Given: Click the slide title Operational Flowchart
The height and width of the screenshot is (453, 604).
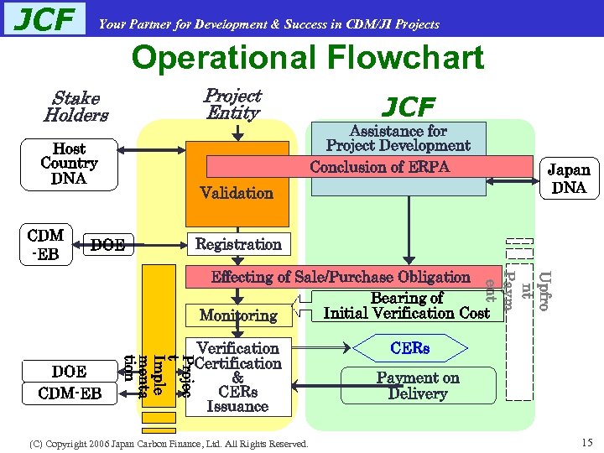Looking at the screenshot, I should [307, 58].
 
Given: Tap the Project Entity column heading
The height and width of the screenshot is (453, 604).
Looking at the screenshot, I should [233, 104].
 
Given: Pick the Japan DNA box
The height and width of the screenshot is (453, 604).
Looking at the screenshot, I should [569, 178].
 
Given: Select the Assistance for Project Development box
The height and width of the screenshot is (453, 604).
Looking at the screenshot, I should [398, 138].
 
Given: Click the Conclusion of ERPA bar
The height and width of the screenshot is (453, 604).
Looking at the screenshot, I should [379, 167].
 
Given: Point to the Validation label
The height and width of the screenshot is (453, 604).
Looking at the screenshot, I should [237, 193].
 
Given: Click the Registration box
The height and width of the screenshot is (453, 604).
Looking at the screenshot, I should [238, 244].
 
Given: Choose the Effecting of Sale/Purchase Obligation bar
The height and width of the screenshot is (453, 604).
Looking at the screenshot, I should [341, 277].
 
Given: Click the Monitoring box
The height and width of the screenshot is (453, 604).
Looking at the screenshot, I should [238, 315].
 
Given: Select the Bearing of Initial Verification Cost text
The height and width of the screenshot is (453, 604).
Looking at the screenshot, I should [406, 305].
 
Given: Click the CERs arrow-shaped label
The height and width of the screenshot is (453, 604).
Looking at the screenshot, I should [409, 347].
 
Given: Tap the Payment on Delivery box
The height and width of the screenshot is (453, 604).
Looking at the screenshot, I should [418, 386].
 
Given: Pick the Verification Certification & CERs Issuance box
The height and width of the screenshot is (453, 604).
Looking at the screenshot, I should [238, 377].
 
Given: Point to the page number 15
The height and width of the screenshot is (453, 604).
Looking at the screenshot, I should [586, 442].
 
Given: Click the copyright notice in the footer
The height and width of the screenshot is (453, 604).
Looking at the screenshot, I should [169, 443].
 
